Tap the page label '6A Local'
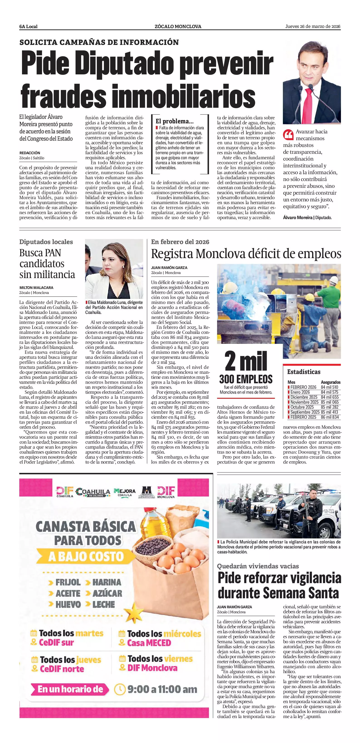tap(28, 27)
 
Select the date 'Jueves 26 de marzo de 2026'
tap(313, 26)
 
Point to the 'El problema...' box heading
tap(174, 121)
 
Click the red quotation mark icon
tap(288, 134)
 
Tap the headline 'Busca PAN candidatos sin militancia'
tap(47, 263)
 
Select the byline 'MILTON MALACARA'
tap(36, 288)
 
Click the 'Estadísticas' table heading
tap(304, 372)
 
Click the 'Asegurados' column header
tap(331, 382)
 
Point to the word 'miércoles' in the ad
tap(182, 634)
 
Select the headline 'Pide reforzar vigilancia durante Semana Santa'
tap(279, 586)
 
